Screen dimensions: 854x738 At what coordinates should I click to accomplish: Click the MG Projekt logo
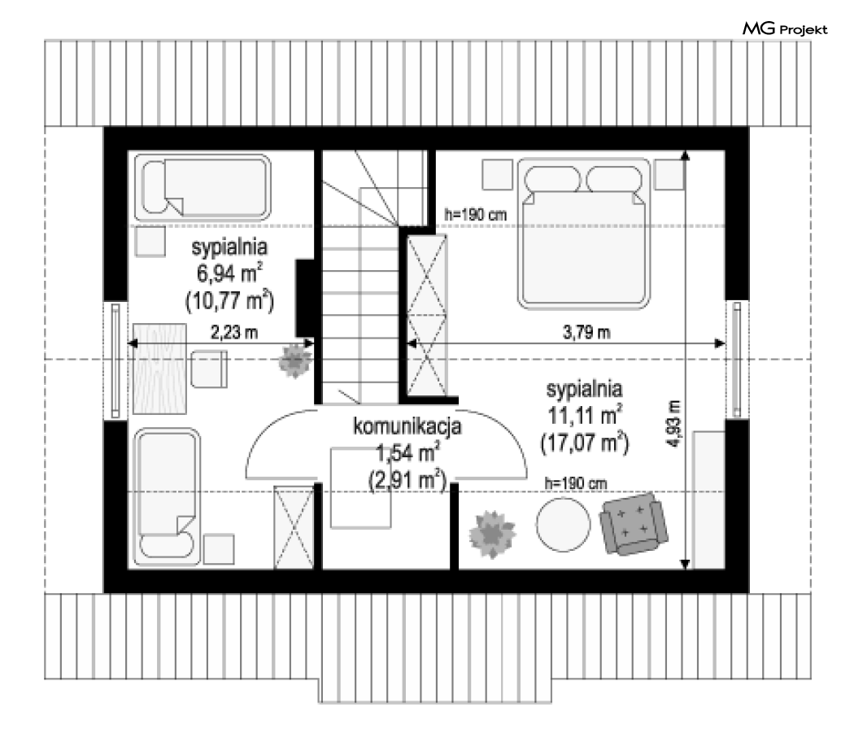click(785, 28)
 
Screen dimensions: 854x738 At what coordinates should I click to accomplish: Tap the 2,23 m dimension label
click(234, 332)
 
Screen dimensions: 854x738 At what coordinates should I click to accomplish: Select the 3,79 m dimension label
click(586, 332)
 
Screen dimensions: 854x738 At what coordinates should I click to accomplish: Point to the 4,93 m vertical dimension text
click(675, 423)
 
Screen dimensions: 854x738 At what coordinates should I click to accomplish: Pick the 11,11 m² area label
click(585, 415)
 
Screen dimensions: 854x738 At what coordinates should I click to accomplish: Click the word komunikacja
click(407, 426)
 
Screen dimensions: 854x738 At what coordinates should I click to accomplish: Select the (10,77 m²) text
click(230, 300)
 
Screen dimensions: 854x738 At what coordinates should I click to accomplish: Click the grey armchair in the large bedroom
click(634, 523)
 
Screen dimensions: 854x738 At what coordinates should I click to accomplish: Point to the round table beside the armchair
click(563, 524)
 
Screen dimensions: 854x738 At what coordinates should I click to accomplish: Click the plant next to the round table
click(492, 534)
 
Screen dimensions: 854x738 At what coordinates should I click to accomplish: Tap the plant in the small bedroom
click(295, 360)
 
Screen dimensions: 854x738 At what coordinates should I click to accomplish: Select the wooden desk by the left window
click(159, 369)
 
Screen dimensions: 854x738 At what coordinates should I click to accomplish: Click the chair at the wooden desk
click(209, 369)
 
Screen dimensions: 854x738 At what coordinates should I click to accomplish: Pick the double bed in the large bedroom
click(584, 234)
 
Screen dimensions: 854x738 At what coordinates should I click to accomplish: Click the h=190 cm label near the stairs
click(476, 215)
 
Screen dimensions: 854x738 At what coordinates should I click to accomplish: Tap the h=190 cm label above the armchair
click(576, 483)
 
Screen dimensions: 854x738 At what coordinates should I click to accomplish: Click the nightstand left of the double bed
click(497, 174)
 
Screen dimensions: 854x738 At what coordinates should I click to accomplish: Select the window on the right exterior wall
click(737, 360)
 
